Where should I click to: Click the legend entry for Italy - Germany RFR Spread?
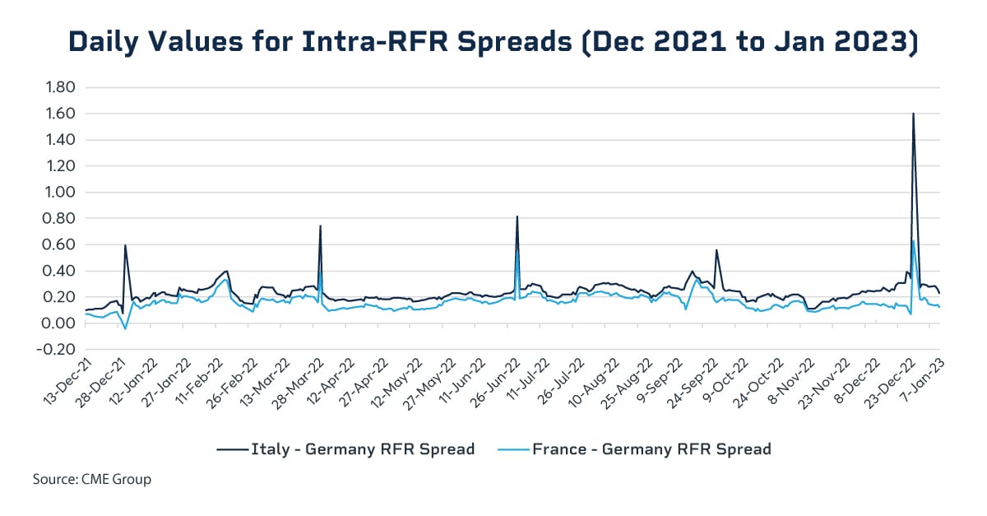tap(345, 449)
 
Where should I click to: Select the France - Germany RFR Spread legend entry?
tap(634, 449)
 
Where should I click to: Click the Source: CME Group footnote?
tap(92, 479)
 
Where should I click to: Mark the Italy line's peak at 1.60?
tap(913, 114)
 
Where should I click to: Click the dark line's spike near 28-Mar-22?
tap(320, 225)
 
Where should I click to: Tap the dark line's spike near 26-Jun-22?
tap(517, 216)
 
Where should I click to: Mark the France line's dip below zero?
tap(125, 328)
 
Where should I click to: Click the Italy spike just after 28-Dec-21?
tap(125, 245)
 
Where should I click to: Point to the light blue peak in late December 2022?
tap(913, 240)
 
